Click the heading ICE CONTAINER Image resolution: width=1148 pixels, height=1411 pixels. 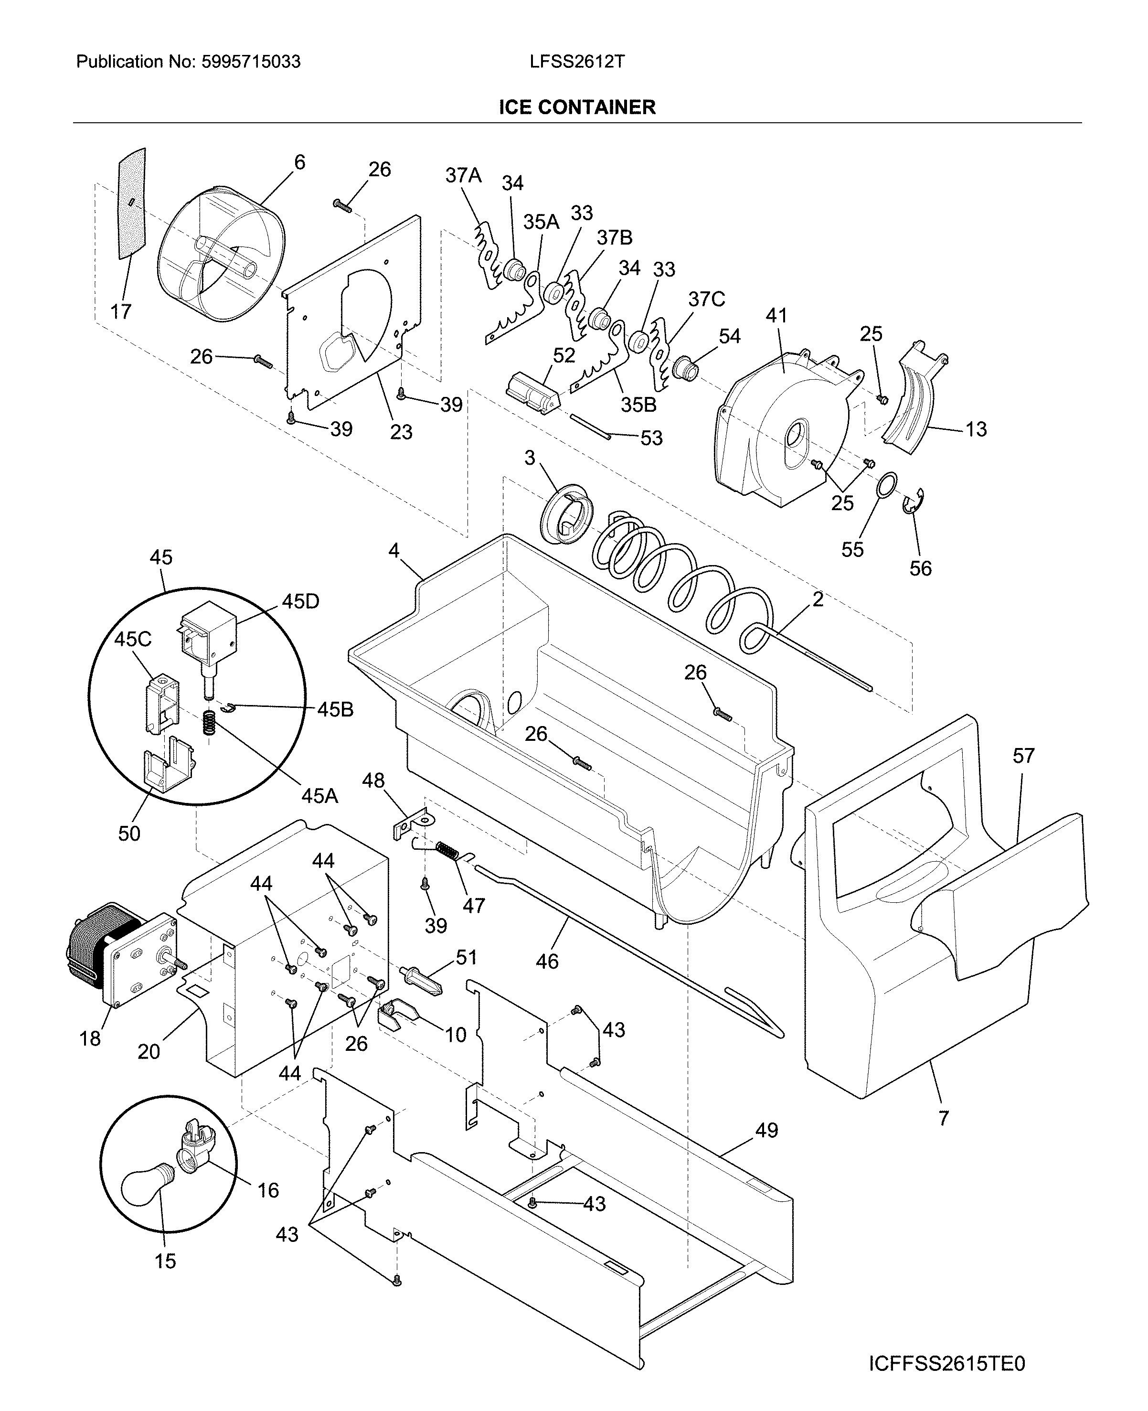coord(577,107)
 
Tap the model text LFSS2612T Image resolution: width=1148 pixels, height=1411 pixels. coord(577,62)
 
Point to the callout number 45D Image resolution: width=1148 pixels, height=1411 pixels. coord(300,601)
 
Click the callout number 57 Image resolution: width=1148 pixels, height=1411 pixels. coord(1023,756)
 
